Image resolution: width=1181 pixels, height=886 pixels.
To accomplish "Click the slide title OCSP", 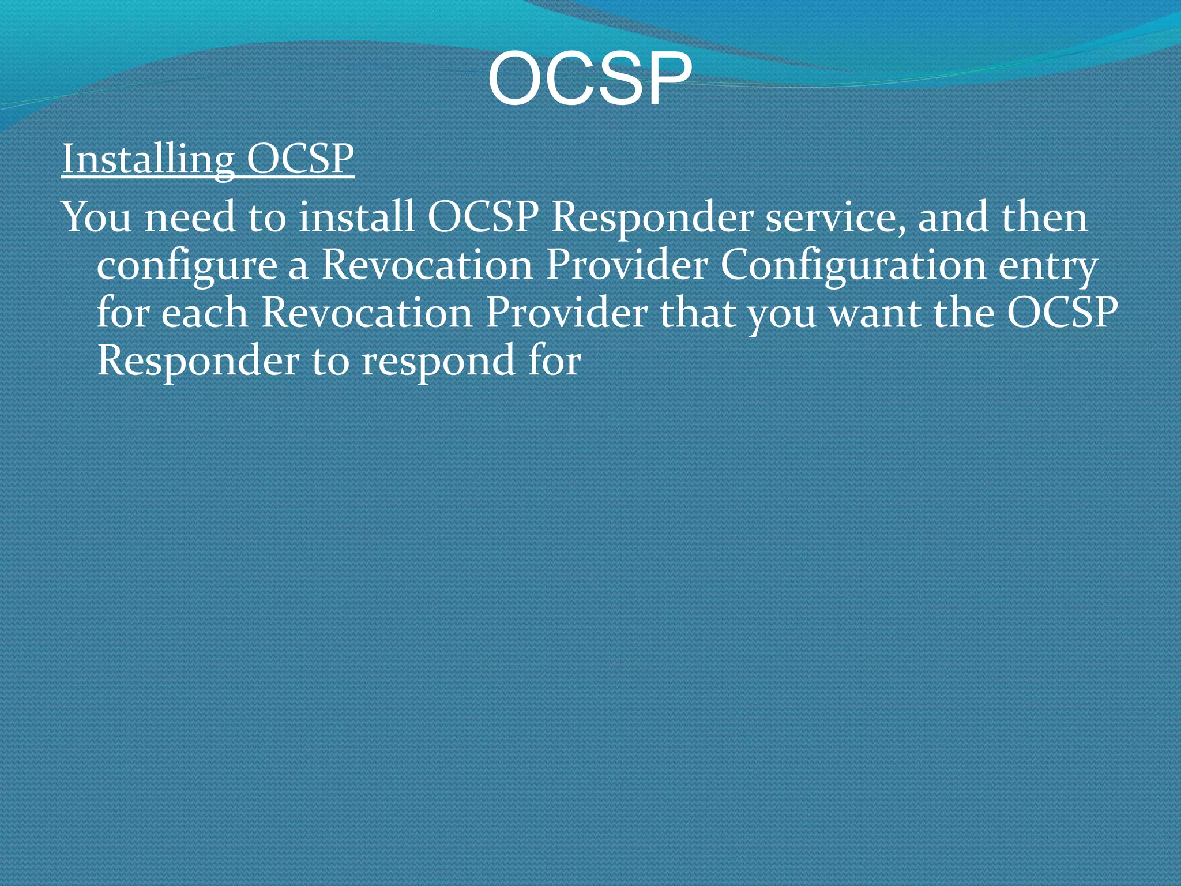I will pyautogui.click(x=589, y=80).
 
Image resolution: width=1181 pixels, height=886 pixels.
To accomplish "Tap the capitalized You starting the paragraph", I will pyautogui.click(x=97, y=217).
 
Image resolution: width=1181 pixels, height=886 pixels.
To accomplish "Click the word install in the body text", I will pyautogui.click(x=356, y=217).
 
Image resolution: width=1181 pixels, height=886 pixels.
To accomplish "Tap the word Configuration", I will pyautogui.click(x=853, y=265).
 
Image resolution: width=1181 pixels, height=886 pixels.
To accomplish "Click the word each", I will pyautogui.click(x=204, y=313).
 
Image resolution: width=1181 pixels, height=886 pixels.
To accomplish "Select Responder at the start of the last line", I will pyautogui.click(x=198, y=362).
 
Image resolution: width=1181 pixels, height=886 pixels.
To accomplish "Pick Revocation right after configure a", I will pyautogui.click(x=427, y=265).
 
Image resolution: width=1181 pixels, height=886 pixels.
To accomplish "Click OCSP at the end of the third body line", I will pyautogui.click(x=1062, y=313).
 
